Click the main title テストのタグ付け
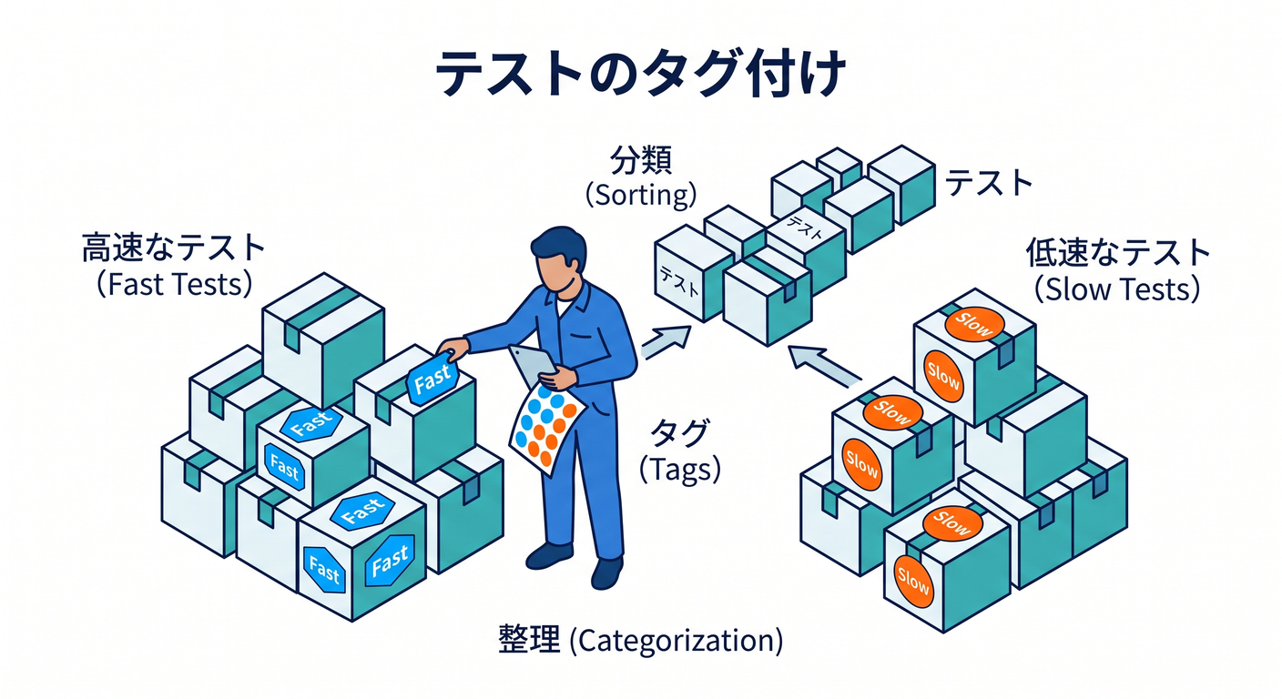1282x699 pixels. tap(640, 74)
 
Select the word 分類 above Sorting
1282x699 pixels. tap(640, 160)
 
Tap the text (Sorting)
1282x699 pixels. tap(640, 195)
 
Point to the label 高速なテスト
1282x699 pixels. tap(173, 248)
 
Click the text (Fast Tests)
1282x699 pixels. tap(174, 284)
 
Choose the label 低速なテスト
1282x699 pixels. tap(1117, 252)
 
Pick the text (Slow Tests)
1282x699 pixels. tap(1116, 289)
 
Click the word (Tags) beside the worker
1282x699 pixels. tap(680, 470)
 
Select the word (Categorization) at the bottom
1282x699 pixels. tap(677, 640)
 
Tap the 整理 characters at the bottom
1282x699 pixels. tap(529, 639)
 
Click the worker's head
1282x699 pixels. tap(559, 260)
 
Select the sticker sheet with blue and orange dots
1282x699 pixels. tap(545, 426)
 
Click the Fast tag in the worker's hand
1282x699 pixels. tap(432, 378)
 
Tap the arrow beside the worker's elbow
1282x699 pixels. tap(666, 341)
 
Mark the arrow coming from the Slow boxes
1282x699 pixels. tap(824, 364)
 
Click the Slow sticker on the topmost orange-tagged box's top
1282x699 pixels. tap(974, 324)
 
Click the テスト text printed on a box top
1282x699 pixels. tap(804, 228)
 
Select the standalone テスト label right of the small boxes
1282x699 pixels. tap(989, 183)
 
